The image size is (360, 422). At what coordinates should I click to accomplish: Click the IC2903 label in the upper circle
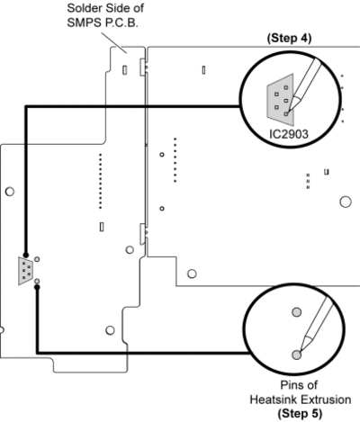289,134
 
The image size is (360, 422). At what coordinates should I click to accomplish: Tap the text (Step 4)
289,38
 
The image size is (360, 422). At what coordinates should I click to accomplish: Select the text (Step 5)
300,413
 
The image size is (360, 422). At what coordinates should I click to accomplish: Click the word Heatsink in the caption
274,400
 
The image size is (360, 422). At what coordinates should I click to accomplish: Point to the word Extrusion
326,400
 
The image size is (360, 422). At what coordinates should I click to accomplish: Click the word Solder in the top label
79,8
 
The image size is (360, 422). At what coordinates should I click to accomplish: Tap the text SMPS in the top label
81,22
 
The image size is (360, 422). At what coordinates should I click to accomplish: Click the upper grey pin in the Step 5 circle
297,312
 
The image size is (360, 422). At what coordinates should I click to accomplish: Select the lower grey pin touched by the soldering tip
296,355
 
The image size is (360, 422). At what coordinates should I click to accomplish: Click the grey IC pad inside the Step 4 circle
280,100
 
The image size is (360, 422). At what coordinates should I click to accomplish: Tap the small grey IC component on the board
25,271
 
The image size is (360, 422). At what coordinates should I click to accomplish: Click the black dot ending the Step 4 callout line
26,256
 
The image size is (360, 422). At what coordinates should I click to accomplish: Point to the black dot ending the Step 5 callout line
37,287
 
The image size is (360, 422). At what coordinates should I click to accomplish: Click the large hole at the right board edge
346,202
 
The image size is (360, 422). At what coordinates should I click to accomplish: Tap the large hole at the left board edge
10,192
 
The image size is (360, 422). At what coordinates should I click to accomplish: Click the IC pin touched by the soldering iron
286,113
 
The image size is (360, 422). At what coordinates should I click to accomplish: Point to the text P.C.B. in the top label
121,22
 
